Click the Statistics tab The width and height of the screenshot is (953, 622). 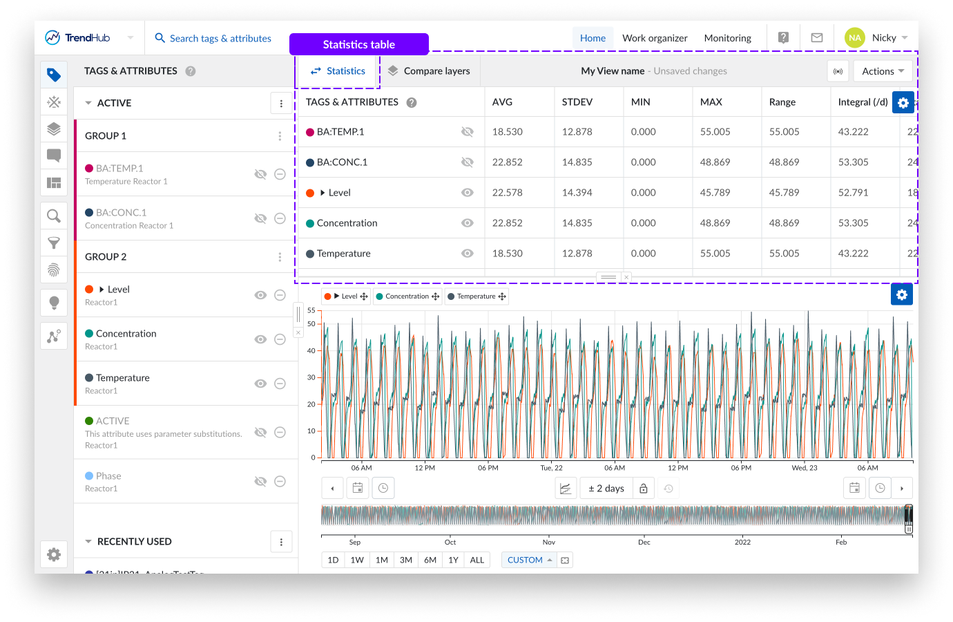pyautogui.click(x=338, y=70)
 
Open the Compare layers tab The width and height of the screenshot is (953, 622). pyautogui.click(x=429, y=70)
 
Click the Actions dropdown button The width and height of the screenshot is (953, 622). pyautogui.click(x=883, y=71)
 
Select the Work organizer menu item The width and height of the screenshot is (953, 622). pyautogui.click(x=655, y=38)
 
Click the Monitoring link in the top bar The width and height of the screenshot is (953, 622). pyautogui.click(x=727, y=38)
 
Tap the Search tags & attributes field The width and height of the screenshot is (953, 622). pyautogui.click(x=220, y=38)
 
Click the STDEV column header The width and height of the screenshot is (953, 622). pyautogui.click(x=577, y=102)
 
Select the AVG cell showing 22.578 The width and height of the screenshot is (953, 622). pyautogui.click(x=508, y=193)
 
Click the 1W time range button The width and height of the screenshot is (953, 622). pyautogui.click(x=357, y=560)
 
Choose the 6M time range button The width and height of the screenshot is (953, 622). pyautogui.click(x=430, y=560)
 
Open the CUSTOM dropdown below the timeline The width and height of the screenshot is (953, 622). pyautogui.click(x=529, y=560)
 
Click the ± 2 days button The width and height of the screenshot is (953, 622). pyautogui.click(x=606, y=489)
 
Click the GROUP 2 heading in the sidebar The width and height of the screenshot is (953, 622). pyautogui.click(x=106, y=256)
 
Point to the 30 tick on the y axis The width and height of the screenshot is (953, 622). pyautogui.click(x=311, y=377)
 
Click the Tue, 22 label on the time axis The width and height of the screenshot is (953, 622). pyautogui.click(x=551, y=468)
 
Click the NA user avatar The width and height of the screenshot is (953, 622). pyautogui.click(x=854, y=38)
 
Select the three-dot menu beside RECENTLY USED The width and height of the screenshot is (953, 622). pyautogui.click(x=281, y=542)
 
